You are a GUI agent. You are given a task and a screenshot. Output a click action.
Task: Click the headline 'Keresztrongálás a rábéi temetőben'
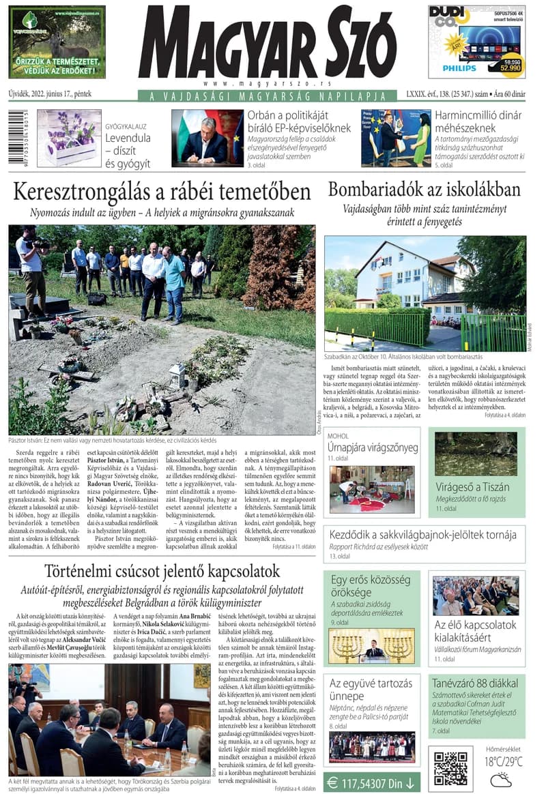point(162,191)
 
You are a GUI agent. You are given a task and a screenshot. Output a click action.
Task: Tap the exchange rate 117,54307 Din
point(372,782)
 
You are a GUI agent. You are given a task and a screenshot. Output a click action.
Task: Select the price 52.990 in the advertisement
point(511,68)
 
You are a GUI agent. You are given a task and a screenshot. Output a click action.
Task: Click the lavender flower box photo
point(69,138)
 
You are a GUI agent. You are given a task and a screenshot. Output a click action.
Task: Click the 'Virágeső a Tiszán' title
point(473,486)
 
